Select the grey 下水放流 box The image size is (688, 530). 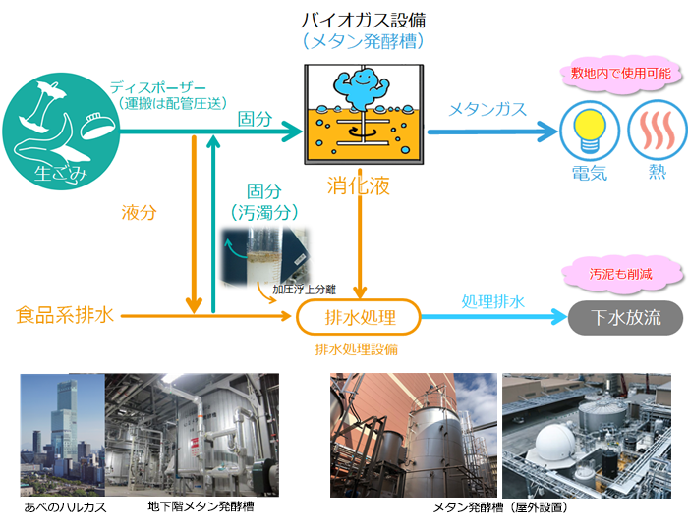pyautogui.click(x=626, y=317)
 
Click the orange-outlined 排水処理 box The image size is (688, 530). pyautogui.click(x=359, y=317)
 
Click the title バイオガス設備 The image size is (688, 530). pyautogui.click(x=363, y=21)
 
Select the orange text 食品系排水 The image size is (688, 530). pyautogui.click(x=66, y=315)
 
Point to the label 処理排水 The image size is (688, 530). pyautogui.click(x=492, y=302)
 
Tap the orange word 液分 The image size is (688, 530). pyautogui.click(x=139, y=211)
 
